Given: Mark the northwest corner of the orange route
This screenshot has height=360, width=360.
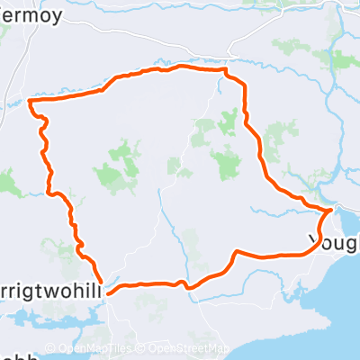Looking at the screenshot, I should (x=31, y=102).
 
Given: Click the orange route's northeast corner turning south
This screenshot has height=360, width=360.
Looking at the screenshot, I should (x=226, y=69).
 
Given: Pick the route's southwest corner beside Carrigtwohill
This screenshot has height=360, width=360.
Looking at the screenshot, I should (x=107, y=291).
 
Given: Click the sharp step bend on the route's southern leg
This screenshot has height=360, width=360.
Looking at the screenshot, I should (x=235, y=253).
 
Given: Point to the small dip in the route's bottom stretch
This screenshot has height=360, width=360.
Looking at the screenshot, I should (x=187, y=287).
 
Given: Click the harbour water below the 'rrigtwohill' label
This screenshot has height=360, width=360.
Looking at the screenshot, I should (x=63, y=306).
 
